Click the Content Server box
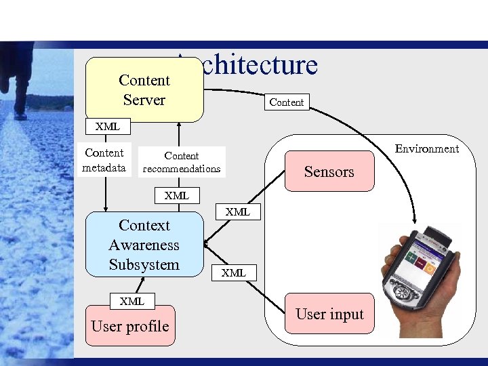144,89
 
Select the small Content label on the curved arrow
287,102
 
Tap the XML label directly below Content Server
107,126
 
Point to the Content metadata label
104,160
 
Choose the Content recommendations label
181,162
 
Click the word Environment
427,148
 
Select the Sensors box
329,172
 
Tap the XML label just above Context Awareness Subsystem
176,196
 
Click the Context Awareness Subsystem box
144,245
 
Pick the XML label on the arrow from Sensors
238,211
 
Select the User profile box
129,326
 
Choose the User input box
329,314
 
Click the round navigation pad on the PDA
403,293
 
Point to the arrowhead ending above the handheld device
414,219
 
